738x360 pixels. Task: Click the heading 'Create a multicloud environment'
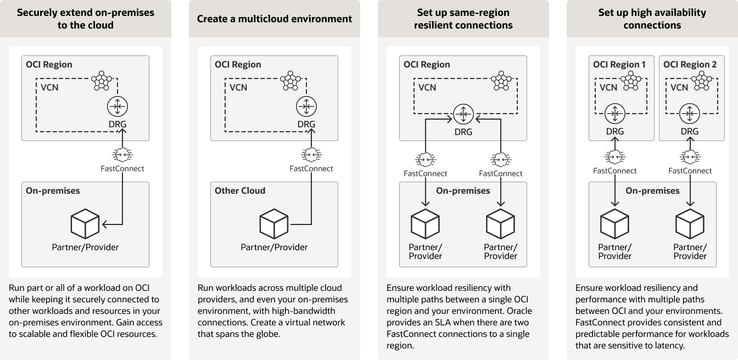275,19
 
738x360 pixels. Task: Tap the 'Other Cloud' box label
240,191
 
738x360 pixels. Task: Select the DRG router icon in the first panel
118,106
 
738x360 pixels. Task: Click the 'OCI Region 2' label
690,64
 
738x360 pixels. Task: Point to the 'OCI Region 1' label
619,64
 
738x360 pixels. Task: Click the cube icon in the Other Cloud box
274,223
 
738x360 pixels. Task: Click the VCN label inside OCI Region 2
679,87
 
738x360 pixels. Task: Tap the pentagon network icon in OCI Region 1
631,81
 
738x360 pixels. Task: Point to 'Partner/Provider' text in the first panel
85,247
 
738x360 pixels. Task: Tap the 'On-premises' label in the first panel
53,191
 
